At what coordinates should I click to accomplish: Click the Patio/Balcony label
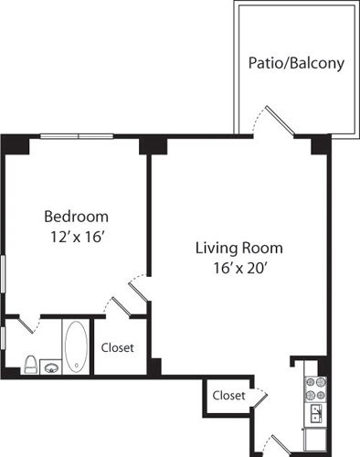296,63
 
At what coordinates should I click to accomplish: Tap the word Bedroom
76,217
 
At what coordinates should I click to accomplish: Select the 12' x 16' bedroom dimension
78,237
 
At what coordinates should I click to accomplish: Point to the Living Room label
239,248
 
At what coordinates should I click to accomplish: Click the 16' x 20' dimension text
240,268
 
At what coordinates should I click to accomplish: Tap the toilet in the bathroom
31,365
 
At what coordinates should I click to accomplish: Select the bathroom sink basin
51,368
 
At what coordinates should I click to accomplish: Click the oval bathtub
76,346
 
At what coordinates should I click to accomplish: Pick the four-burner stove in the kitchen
315,388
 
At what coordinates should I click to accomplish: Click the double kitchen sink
316,414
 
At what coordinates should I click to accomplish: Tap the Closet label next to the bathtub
117,347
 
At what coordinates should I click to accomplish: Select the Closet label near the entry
228,396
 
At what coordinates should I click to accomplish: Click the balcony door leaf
279,121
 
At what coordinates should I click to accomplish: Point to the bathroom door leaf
26,324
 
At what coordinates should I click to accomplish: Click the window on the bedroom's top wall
77,136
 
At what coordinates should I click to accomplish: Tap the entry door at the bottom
281,443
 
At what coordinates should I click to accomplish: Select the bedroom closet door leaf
122,306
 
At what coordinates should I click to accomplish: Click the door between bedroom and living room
139,292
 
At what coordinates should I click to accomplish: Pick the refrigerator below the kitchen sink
315,441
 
